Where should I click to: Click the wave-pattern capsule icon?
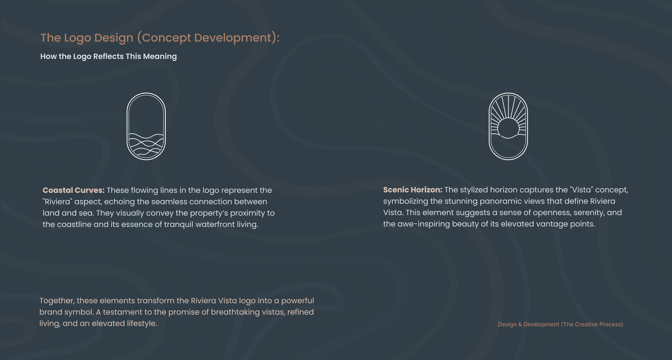pyautogui.click(x=127, y=126)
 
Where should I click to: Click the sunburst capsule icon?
pyautogui.click(x=489, y=126)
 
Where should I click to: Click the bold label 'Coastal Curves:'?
pyautogui.click(x=74, y=190)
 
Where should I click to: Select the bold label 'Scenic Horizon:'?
pyautogui.click(x=413, y=190)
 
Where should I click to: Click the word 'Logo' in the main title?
pyautogui.click(x=77, y=38)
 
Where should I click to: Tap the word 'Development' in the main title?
pyautogui.click(x=233, y=38)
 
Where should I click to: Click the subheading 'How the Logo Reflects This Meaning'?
pyautogui.click(x=108, y=56)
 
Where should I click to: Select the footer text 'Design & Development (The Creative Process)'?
pyautogui.click(x=560, y=324)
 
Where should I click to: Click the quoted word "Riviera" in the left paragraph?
pyautogui.click(x=58, y=202)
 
